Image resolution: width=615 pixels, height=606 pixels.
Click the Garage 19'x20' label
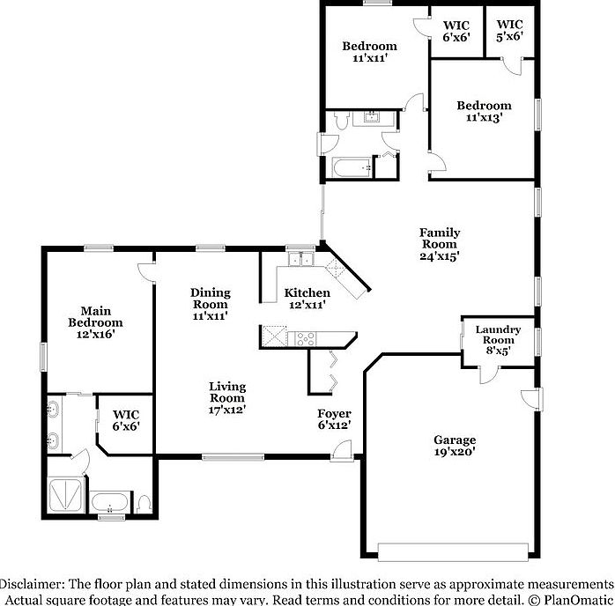(454, 446)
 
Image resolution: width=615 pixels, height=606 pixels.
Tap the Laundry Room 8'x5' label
(498, 340)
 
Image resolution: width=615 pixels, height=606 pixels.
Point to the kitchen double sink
(300, 259)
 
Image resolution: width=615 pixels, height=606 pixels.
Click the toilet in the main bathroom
(144, 504)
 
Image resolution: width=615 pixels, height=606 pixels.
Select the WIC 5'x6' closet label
(509, 31)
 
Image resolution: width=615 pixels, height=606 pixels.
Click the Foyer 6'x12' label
(334, 419)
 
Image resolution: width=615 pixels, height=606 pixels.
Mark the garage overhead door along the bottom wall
(454, 551)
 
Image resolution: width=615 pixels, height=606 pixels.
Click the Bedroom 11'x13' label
(483, 112)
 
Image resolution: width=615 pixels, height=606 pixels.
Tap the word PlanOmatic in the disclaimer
(581, 599)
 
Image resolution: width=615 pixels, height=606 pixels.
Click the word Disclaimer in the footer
(31, 584)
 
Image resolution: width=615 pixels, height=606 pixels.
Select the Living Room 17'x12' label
(226, 397)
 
